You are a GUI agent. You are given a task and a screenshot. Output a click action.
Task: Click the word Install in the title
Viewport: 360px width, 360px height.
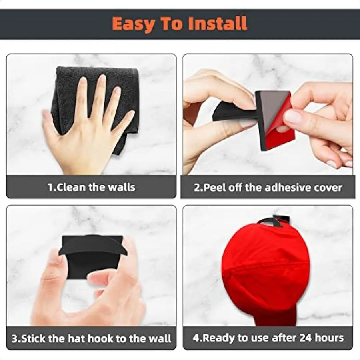coord(217,24)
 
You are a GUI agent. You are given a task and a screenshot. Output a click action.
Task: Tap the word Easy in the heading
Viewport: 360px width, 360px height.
coord(133,24)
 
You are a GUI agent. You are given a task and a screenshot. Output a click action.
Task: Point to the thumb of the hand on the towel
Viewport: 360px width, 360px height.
coord(49,122)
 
